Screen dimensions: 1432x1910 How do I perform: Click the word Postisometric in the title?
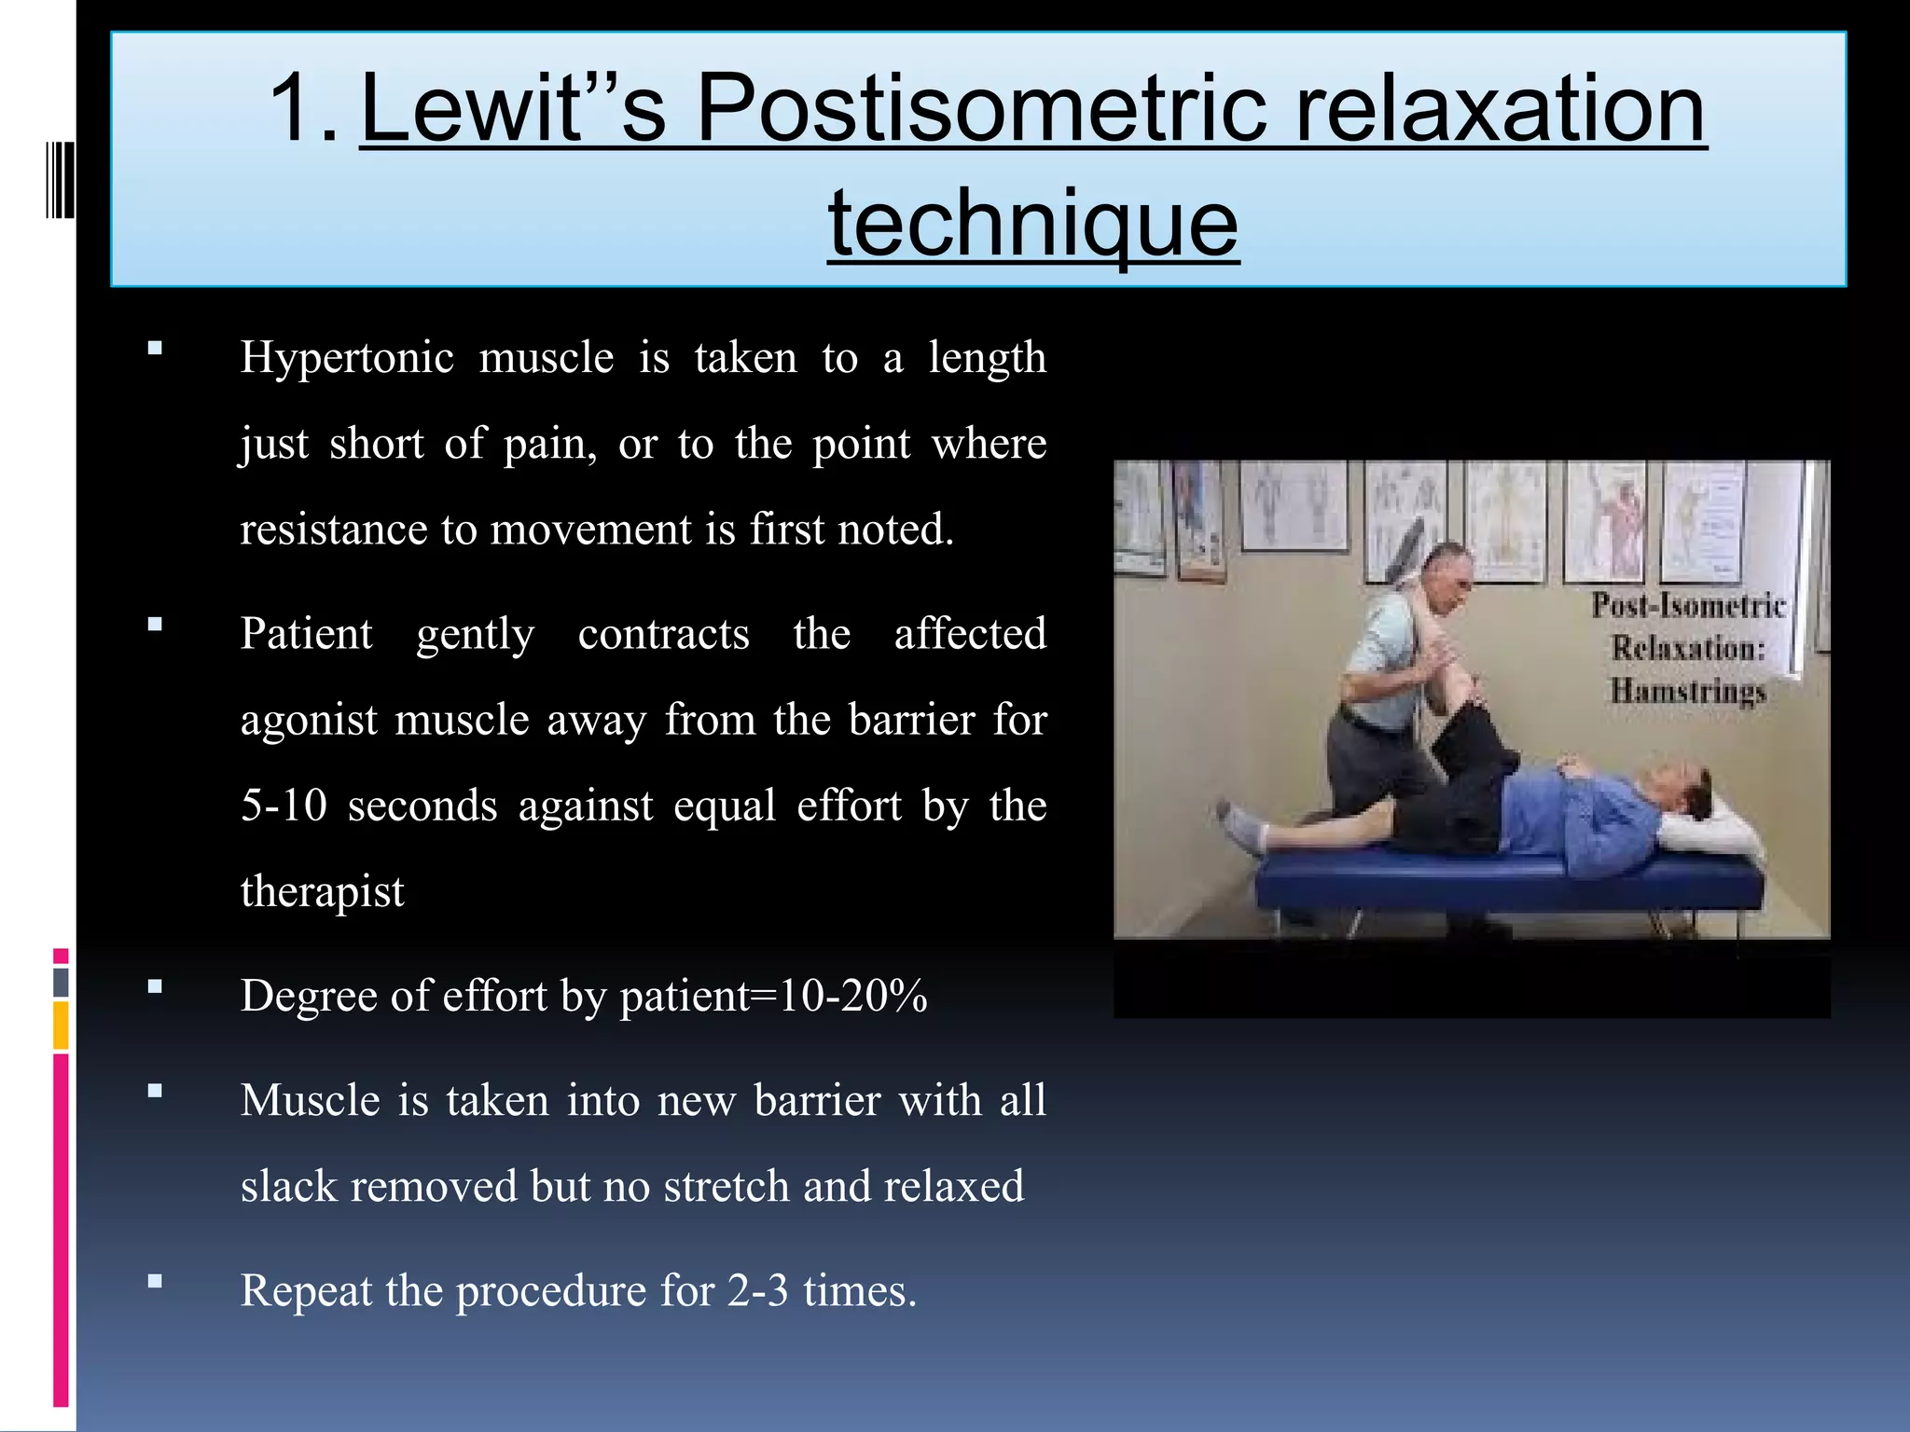[981, 110]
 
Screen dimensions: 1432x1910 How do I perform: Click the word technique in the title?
[1033, 224]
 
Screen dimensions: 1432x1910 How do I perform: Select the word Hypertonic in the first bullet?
[348, 358]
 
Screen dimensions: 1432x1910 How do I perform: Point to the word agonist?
[309, 721]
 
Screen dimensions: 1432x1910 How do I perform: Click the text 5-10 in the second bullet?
[284, 805]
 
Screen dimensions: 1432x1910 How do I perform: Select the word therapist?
[322, 892]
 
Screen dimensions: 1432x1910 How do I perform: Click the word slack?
[288, 1187]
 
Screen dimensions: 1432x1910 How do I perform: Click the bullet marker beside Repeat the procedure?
[155, 1281]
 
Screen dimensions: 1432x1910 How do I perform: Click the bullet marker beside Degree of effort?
[155, 986]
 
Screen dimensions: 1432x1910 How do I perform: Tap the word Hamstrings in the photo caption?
[1688, 692]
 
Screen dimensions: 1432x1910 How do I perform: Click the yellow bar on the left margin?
[61, 1026]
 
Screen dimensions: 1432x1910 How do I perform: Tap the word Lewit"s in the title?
[513, 110]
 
